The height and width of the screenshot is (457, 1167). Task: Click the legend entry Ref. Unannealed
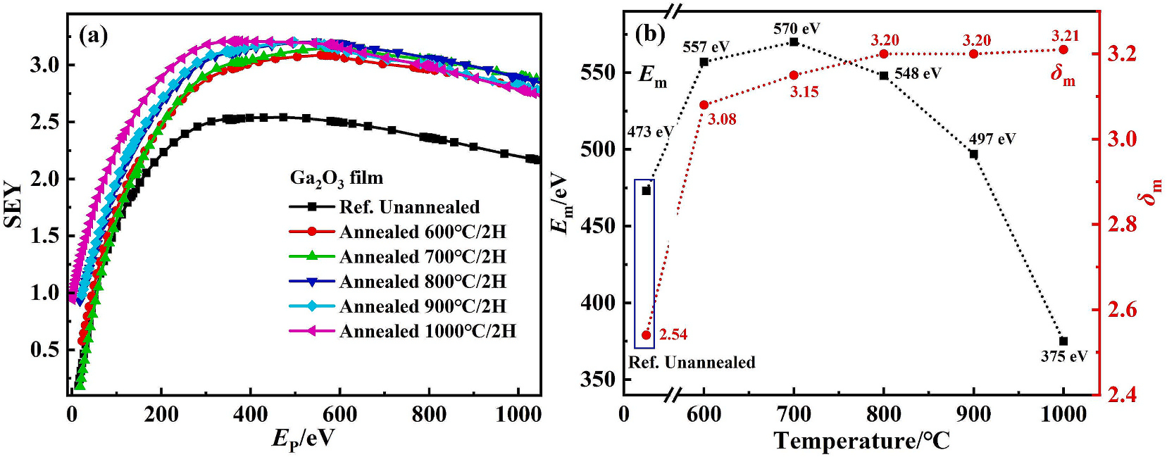(x=384, y=207)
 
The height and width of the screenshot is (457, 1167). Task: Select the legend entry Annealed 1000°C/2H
(x=403, y=331)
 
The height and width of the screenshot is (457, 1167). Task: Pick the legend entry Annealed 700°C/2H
(x=397, y=256)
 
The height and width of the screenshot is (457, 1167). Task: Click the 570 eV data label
(x=797, y=27)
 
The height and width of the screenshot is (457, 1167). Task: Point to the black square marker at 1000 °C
(x=1063, y=342)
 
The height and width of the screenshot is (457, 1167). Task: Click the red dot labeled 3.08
(x=704, y=105)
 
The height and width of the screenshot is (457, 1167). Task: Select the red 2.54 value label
(x=673, y=335)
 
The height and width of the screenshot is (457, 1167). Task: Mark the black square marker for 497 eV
(x=974, y=154)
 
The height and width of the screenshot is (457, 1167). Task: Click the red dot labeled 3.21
(x=1063, y=49)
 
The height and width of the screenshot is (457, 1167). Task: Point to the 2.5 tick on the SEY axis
(x=49, y=122)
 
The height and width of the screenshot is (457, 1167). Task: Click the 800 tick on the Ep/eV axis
(x=430, y=415)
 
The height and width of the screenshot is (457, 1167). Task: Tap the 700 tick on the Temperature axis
(x=794, y=415)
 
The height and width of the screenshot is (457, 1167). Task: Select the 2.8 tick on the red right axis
(x=1128, y=225)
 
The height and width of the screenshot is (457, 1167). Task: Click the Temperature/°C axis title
(x=862, y=441)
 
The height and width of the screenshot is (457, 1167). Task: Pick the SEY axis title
(x=13, y=205)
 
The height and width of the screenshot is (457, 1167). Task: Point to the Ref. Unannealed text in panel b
(x=692, y=362)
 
